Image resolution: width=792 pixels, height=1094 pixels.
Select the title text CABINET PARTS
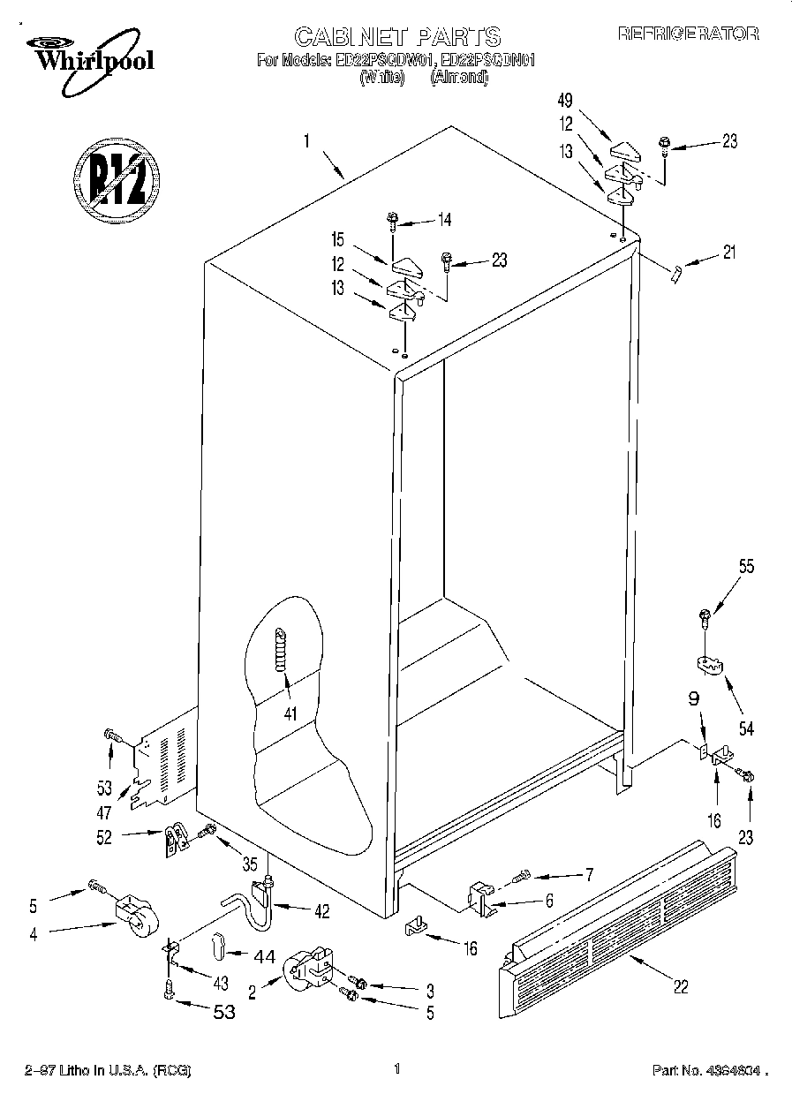[396, 37]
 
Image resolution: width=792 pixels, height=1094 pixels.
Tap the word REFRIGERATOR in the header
[688, 34]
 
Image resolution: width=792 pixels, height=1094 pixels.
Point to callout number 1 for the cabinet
[305, 141]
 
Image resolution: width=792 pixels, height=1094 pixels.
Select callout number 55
[746, 569]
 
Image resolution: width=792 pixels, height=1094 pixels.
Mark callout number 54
[746, 730]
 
